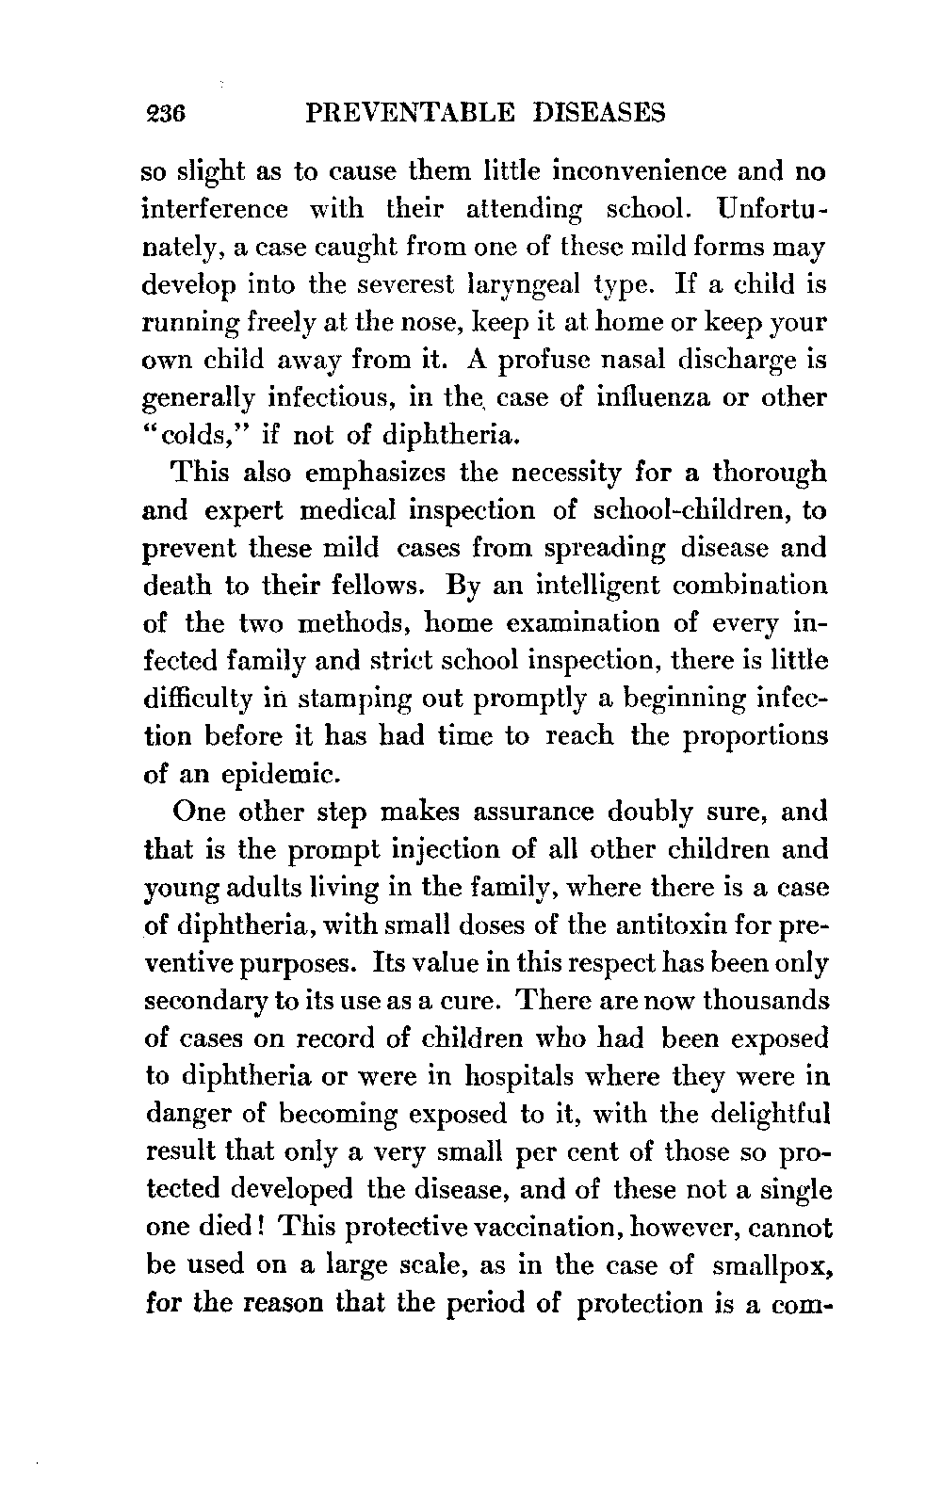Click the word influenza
point(664,398)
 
